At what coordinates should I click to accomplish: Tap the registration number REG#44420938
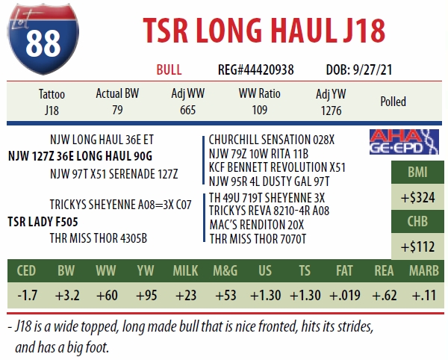(x=255, y=69)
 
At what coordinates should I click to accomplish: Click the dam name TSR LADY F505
(x=43, y=222)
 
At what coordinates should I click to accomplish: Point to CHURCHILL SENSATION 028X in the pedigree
(x=272, y=139)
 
